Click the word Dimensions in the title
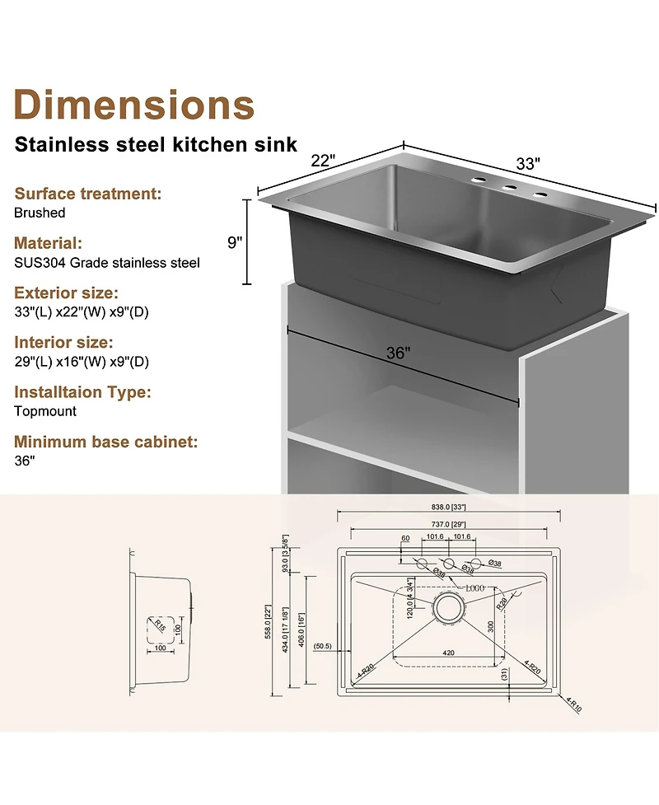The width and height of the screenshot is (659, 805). (x=134, y=105)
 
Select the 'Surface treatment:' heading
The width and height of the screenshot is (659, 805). (x=87, y=194)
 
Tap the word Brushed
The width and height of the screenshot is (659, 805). (x=40, y=213)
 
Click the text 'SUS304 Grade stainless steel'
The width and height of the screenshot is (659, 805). (x=106, y=263)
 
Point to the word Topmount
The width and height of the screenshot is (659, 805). (x=45, y=410)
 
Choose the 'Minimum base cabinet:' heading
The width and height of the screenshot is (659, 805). (x=105, y=442)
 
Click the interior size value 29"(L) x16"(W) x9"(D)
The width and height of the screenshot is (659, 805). (x=81, y=362)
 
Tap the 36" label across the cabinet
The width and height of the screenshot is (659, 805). (x=398, y=353)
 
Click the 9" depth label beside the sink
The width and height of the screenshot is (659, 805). (x=236, y=242)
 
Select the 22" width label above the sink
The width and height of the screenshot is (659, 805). (x=323, y=161)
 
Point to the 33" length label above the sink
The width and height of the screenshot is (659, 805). (x=527, y=163)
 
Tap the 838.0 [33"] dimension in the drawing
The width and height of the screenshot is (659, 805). (x=450, y=509)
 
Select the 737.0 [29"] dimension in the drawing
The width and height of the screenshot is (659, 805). (x=450, y=524)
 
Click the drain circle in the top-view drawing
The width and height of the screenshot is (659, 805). (x=449, y=608)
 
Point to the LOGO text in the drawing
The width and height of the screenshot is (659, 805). (x=474, y=588)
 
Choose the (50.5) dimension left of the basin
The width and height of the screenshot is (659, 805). (x=322, y=646)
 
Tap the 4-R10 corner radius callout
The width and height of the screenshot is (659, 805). (x=573, y=704)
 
